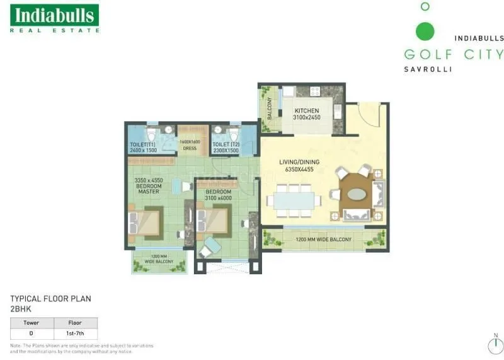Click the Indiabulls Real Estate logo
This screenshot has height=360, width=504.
click(54, 18)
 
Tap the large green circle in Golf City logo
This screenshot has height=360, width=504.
click(425, 30)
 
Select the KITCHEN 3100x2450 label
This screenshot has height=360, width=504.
click(306, 114)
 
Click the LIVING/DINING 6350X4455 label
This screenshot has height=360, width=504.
click(299, 166)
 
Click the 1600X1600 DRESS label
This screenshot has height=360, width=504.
click(190, 145)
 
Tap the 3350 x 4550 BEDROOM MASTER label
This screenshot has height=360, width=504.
click(149, 185)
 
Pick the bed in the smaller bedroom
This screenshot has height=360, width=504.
click(214, 221)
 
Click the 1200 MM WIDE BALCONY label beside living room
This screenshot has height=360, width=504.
click(324, 240)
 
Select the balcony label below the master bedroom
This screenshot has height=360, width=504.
click(159, 258)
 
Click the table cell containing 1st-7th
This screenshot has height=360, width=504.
click(75, 333)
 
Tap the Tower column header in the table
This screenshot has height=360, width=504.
click(31, 323)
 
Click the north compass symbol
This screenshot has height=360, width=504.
click(495, 345)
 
